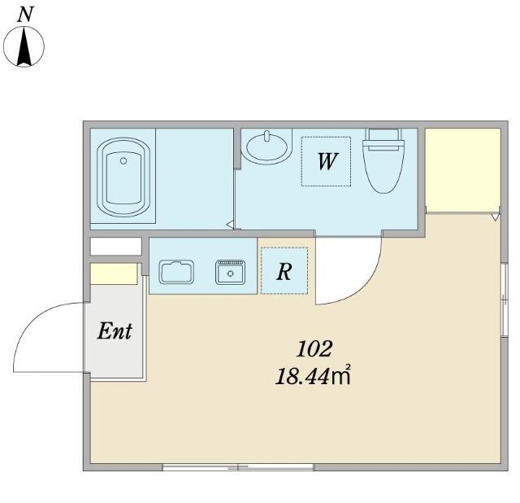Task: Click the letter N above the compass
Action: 25,15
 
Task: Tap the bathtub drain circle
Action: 123,161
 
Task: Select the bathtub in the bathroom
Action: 123,177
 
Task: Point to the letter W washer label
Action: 327,161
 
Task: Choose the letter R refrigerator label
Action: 284,271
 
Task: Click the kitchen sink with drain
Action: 231,273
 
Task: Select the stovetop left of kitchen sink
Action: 176,272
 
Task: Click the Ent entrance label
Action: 115,331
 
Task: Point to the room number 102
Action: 314,349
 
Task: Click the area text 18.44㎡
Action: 313,376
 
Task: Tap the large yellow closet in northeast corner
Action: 463,170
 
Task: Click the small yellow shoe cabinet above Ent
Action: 114,274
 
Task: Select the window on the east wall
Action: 504,300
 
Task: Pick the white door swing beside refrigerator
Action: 360,284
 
